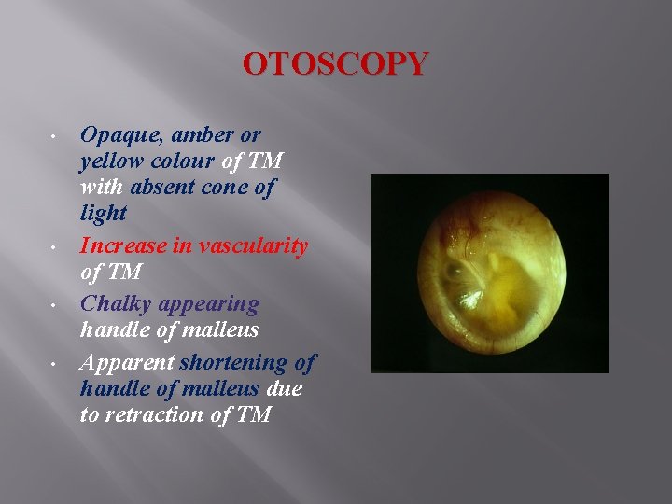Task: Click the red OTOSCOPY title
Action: (x=336, y=64)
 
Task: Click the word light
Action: (x=104, y=213)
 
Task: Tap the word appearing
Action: (x=209, y=304)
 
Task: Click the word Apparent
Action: (x=126, y=362)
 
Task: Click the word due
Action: (x=284, y=387)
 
